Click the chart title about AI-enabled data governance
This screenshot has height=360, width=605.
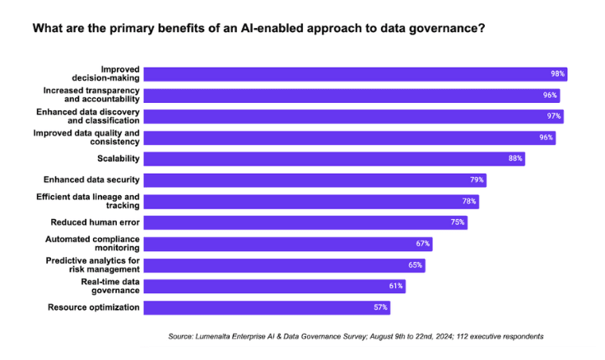(x=258, y=28)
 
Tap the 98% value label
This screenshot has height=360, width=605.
(x=557, y=74)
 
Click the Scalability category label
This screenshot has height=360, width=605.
(x=119, y=158)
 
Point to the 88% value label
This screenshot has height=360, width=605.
(x=515, y=158)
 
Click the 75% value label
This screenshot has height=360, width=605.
(x=458, y=222)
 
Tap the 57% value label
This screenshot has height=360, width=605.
(x=380, y=307)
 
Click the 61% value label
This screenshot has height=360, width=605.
(x=396, y=286)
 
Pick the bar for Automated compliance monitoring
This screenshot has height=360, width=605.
(x=288, y=243)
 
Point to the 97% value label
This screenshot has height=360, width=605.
(x=554, y=116)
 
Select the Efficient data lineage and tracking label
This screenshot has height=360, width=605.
(x=88, y=201)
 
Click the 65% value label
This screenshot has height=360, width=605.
(x=416, y=264)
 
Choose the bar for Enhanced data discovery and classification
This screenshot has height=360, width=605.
(x=354, y=116)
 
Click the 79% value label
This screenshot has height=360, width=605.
(x=477, y=180)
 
